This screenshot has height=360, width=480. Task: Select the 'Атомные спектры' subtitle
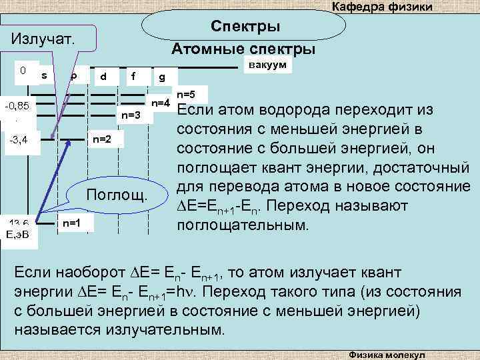pyautogui.click(x=243, y=50)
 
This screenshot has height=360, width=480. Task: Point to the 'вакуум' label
pyautogui.click(x=267, y=65)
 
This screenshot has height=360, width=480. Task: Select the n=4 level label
pyautogui.click(x=162, y=103)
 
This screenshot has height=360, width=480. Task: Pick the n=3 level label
pyautogui.click(x=132, y=115)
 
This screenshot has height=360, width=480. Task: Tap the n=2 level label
pyautogui.click(x=102, y=139)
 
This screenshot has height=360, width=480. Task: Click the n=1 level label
pyautogui.click(x=71, y=223)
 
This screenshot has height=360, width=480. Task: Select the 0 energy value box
pyautogui.click(x=23, y=70)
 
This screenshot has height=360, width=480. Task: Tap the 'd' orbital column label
pyautogui.click(x=103, y=76)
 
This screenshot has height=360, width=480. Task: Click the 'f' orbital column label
pyautogui.click(x=134, y=75)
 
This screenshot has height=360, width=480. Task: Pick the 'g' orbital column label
pyautogui.click(x=163, y=77)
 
